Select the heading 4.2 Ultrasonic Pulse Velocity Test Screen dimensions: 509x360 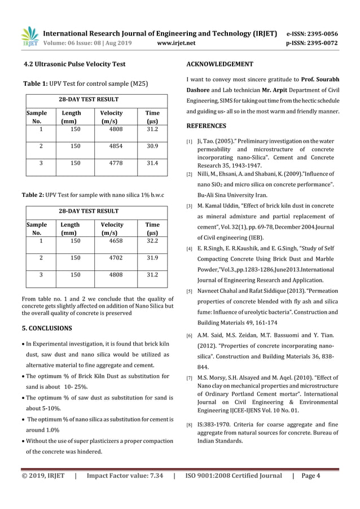[73, 64]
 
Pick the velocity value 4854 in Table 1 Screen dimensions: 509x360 [116, 146]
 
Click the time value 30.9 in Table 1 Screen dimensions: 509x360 [152, 146]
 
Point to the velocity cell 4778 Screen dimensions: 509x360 [116, 164]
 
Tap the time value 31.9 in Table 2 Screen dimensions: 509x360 [152, 258]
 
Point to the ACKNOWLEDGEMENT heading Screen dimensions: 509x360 [219, 64]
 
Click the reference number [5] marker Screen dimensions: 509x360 [190, 291]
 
